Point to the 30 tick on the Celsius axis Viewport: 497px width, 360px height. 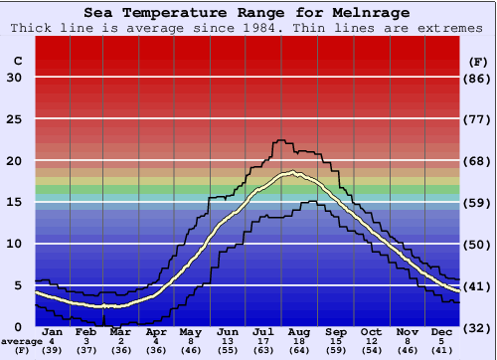(14, 78)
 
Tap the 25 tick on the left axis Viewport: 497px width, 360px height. (14, 119)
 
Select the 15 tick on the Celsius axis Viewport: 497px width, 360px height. (14, 202)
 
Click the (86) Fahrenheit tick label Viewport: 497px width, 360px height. (478, 78)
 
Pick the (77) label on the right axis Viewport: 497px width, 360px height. (478, 119)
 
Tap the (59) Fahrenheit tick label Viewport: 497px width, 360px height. (478, 202)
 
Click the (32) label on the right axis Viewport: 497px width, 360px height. (478, 326)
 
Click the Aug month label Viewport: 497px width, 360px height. (298, 331)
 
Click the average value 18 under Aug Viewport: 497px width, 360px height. (298, 342)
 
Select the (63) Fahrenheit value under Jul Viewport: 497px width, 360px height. (263, 352)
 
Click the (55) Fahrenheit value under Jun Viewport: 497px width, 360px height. (228, 352)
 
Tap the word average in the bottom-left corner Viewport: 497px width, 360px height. (22, 342)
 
